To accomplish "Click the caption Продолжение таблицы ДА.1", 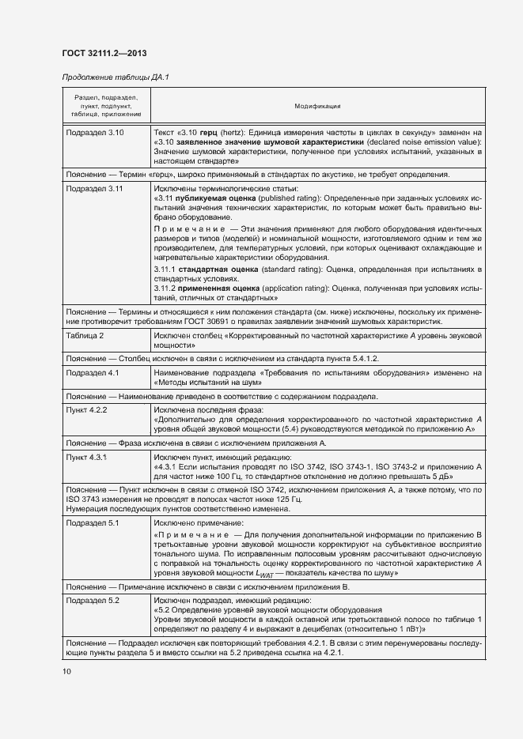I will [116, 77].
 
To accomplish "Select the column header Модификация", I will [317, 105].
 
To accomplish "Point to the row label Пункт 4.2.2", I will [87, 410].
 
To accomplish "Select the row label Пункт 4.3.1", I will [87, 458].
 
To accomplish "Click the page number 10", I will [66, 672].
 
